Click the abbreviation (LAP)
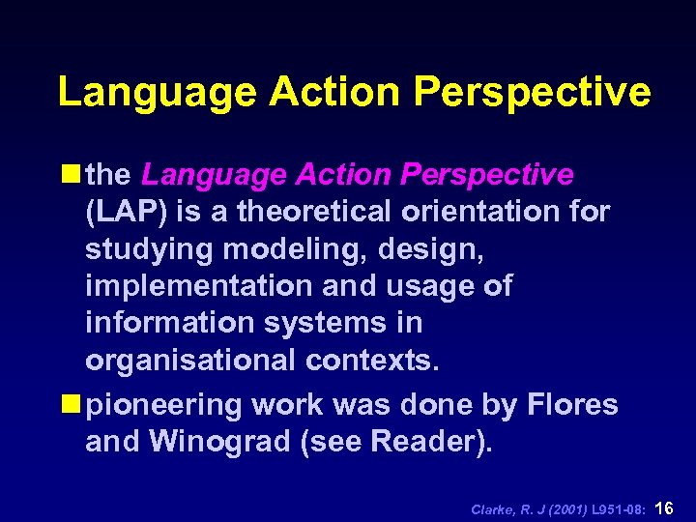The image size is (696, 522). coord(122,212)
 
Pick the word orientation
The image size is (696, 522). coord(504,212)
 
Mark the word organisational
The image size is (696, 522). coord(190,360)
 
